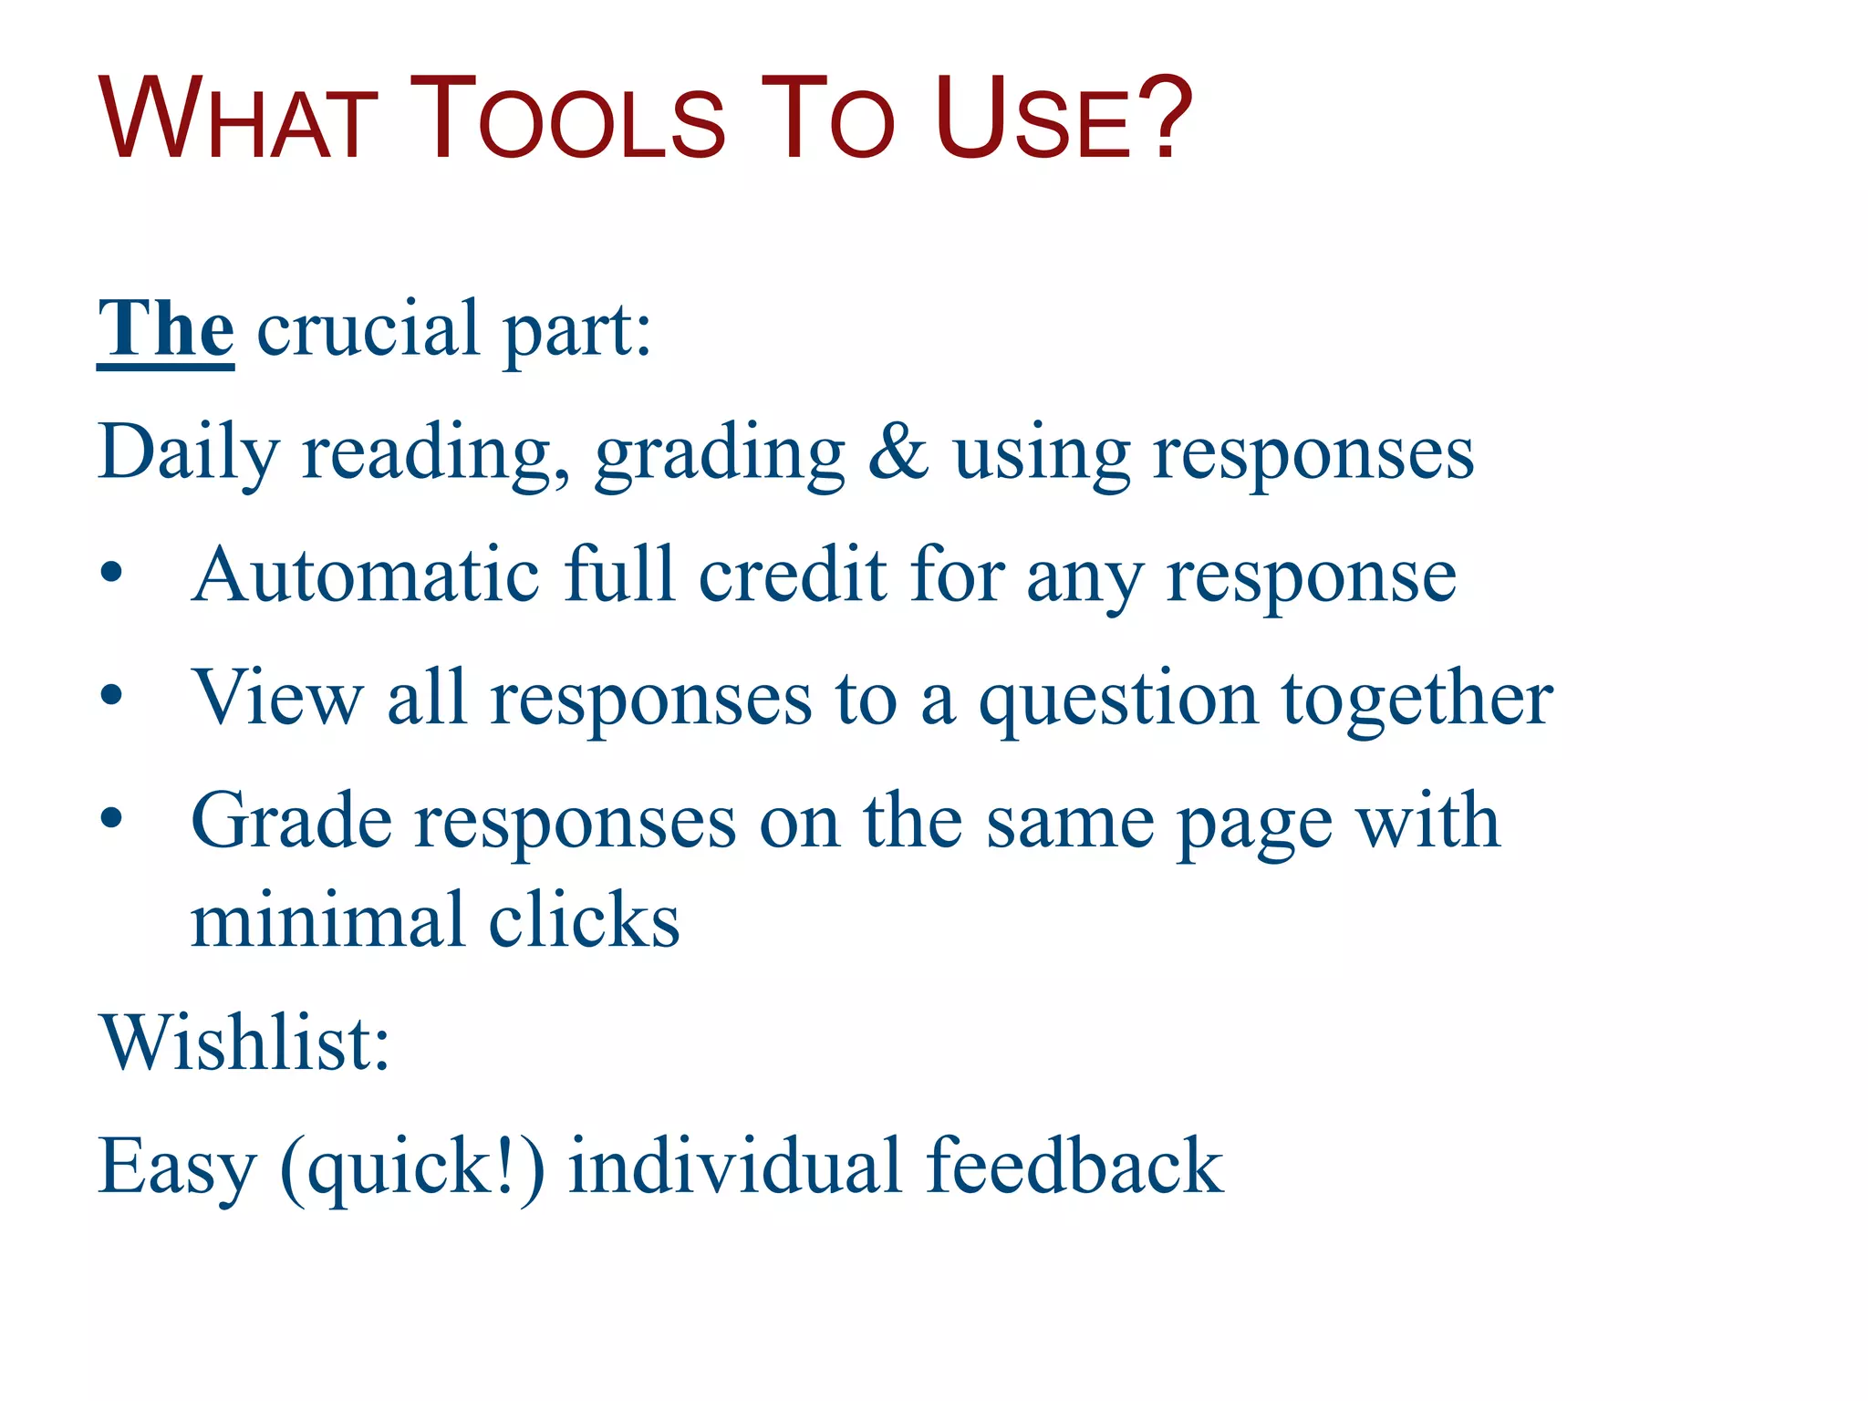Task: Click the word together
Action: pyautogui.click(x=1417, y=699)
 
